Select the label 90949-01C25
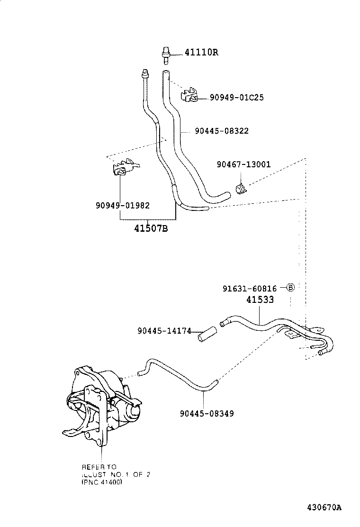click(237, 98)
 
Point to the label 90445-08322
click(221, 131)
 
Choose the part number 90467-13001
click(243, 164)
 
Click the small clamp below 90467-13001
click(241, 189)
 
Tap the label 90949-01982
click(122, 205)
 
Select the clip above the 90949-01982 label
click(124, 167)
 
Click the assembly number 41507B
click(151, 229)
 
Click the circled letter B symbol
click(290, 288)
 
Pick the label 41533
click(260, 300)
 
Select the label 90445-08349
click(207, 413)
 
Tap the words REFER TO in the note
click(99, 467)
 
